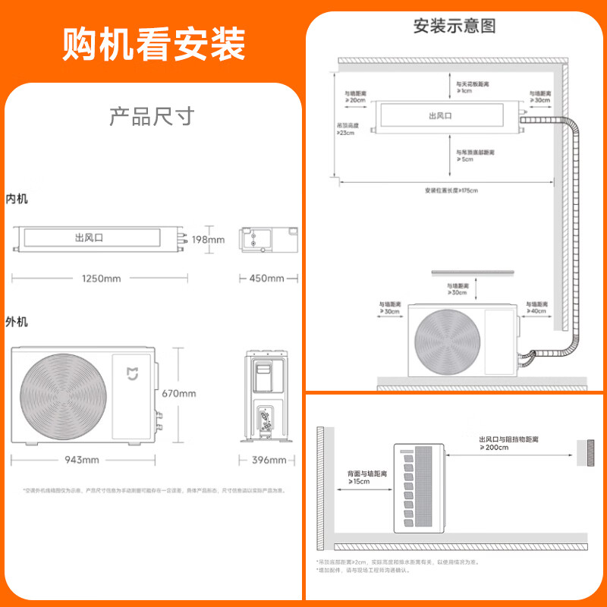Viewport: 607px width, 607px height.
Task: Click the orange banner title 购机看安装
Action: [154, 44]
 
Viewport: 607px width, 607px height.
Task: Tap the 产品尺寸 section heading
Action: [152, 117]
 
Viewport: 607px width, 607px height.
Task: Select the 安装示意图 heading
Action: [454, 25]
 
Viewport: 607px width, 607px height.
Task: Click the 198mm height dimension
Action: [207, 240]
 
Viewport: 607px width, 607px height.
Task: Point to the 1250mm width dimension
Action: [101, 278]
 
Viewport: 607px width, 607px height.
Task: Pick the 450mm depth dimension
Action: [266, 278]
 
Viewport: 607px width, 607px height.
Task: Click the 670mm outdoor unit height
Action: [179, 393]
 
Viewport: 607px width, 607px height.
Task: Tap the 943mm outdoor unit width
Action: [81, 460]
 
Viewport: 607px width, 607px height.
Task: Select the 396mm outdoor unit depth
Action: [269, 460]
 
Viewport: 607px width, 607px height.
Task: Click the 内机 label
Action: [17, 199]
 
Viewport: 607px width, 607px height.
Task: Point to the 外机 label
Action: [17, 322]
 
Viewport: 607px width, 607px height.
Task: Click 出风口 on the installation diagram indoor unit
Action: [440, 116]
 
